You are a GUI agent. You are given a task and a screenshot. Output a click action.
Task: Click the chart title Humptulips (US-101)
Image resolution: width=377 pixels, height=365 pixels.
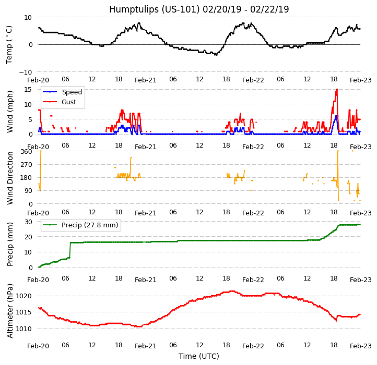199,9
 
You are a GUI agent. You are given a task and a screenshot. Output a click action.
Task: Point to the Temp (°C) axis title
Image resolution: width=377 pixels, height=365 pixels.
9,44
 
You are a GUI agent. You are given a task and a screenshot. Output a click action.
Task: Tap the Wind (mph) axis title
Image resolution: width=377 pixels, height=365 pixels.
10,112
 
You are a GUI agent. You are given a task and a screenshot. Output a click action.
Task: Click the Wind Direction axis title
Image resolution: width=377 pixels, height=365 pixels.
10,178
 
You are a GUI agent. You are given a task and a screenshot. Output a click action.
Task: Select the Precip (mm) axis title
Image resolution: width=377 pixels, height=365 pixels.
10,244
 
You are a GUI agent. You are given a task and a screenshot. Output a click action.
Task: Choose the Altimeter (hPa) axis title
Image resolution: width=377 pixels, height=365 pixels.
10,310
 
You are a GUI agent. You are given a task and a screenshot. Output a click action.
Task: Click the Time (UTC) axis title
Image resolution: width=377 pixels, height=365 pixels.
199,356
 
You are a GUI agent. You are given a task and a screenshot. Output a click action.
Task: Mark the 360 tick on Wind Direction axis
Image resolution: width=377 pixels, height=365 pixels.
26,152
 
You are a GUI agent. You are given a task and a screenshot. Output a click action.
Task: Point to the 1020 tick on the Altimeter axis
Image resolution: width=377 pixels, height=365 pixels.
24,296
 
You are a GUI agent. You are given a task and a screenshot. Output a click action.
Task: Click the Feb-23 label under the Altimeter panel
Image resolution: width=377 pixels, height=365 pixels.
360,346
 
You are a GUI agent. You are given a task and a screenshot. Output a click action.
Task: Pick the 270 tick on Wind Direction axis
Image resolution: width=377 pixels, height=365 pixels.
26,165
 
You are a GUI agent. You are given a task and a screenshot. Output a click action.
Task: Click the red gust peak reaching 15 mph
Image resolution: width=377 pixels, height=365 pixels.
337,89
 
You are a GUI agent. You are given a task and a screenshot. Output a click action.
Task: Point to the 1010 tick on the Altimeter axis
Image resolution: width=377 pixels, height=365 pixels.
24,328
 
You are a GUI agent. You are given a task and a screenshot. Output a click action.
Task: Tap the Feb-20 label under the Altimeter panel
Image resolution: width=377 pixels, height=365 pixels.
38,346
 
